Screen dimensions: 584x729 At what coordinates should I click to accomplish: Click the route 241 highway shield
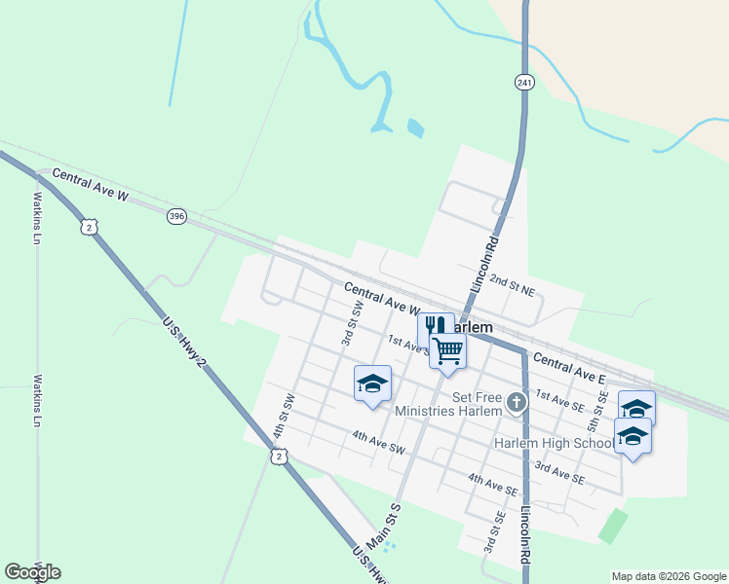[525, 84]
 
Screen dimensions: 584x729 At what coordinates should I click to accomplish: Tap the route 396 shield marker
[176, 215]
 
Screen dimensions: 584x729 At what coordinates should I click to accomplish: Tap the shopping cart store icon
[448, 350]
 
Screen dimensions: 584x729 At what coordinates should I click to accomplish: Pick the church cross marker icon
[517, 401]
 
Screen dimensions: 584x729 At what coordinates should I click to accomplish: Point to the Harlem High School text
[554, 444]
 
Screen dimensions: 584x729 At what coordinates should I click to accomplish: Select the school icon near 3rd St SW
[372, 383]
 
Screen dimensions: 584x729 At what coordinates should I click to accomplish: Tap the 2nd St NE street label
[514, 283]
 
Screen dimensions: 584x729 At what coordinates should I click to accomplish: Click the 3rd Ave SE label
[559, 474]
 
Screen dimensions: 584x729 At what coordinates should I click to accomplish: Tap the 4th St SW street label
[288, 415]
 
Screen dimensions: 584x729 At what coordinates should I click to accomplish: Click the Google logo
[32, 572]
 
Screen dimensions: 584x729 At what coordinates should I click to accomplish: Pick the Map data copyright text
[669, 576]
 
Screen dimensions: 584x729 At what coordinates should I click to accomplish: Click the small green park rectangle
[613, 525]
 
